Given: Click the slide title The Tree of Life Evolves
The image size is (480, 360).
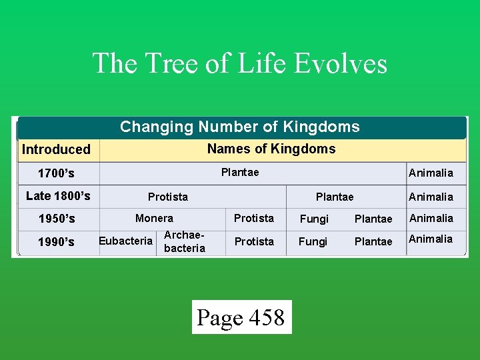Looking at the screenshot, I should [x=239, y=63].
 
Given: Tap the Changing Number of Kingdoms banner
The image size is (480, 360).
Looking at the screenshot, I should [x=240, y=127].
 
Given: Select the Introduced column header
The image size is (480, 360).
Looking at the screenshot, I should [x=56, y=149].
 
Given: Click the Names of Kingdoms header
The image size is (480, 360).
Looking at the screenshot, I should [x=271, y=149].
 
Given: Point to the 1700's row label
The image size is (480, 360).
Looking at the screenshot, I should [x=56, y=173].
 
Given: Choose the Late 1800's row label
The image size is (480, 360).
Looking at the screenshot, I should [x=58, y=196].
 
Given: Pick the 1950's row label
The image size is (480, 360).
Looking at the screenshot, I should [x=57, y=219].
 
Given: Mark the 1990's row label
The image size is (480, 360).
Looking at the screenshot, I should [x=57, y=242].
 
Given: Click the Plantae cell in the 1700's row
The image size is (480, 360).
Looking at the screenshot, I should [x=240, y=173].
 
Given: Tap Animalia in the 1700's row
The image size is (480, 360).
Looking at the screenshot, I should [x=431, y=173].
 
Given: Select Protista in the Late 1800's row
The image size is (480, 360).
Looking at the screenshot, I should [x=168, y=197].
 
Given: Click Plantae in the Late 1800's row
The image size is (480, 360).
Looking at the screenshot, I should [x=335, y=197].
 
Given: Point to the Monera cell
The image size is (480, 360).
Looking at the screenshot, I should [x=154, y=218].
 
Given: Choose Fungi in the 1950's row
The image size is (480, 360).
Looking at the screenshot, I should [x=314, y=219].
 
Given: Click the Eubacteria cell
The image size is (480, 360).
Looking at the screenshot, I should [x=126, y=241].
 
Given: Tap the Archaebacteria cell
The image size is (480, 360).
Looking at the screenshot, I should [x=184, y=241].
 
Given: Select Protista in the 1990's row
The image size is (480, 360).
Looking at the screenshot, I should [x=254, y=241].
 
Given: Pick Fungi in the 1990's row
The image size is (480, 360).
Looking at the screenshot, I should [x=313, y=241].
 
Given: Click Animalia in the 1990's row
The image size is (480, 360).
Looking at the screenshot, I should [x=431, y=239].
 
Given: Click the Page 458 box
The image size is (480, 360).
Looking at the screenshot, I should [x=241, y=317].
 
